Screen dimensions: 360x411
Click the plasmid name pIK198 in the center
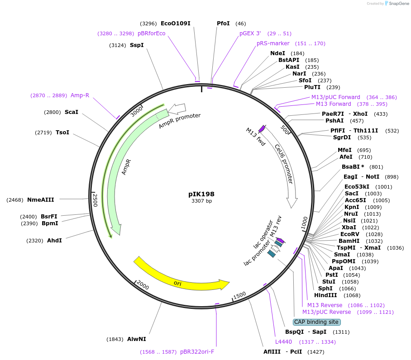201,194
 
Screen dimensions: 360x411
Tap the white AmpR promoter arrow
177,109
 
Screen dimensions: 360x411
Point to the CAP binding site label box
316,322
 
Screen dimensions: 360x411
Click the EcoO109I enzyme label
176,23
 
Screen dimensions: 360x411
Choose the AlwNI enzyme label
136,339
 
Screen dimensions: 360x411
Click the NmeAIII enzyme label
40,199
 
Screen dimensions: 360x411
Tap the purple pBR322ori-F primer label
197,351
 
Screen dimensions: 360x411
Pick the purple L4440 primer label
283,341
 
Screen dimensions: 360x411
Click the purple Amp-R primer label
80,95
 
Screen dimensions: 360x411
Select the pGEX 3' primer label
250,33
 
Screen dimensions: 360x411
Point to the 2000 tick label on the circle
143,285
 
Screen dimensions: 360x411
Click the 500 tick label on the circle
285,129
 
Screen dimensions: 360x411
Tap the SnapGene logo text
397,4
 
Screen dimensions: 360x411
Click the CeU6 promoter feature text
284,164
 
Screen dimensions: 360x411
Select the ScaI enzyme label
72,112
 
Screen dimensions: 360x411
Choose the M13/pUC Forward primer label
335,97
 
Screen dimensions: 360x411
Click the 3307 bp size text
201,201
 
